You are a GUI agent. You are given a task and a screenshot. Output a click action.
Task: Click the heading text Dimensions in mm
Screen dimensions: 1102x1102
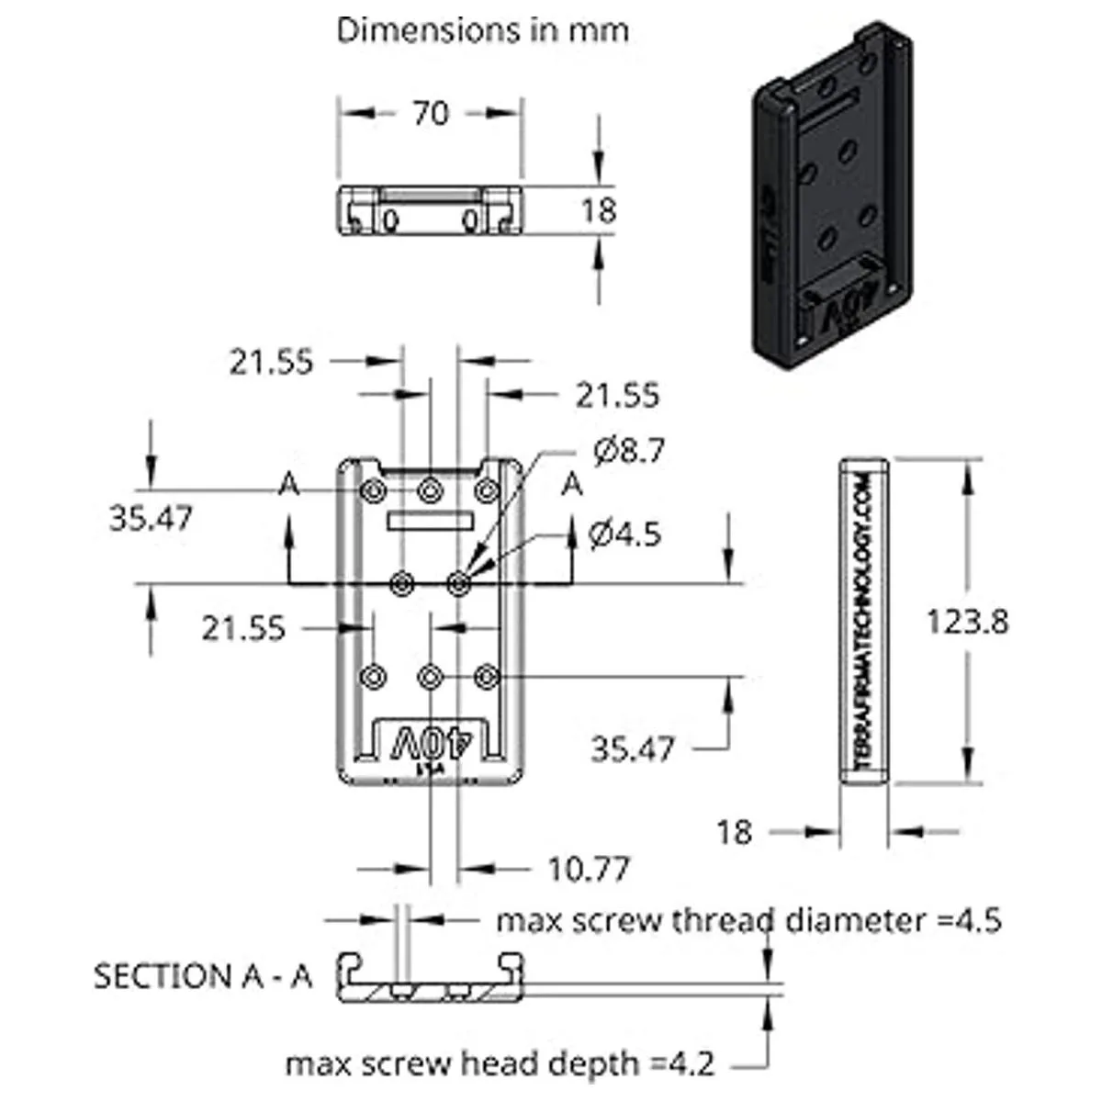[x=483, y=30]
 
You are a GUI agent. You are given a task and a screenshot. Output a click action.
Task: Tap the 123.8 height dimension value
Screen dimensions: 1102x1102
[x=966, y=622]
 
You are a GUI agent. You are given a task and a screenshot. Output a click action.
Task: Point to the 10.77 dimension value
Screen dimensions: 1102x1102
[x=589, y=868]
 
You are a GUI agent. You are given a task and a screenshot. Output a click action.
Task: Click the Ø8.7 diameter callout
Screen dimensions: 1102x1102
[x=628, y=451]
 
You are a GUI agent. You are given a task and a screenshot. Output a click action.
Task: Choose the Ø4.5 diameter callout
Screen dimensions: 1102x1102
[x=624, y=534]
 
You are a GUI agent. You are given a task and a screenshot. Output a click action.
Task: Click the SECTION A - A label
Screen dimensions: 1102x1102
[x=203, y=975]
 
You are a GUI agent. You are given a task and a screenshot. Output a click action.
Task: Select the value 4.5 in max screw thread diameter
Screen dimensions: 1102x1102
[x=979, y=919]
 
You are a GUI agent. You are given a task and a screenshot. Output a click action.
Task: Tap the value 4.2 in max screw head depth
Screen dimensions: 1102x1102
[x=692, y=1063]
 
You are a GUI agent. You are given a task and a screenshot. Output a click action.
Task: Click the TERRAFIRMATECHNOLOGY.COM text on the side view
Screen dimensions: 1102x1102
[x=864, y=622]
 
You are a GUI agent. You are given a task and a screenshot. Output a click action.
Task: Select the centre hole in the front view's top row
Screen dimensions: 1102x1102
[x=430, y=490]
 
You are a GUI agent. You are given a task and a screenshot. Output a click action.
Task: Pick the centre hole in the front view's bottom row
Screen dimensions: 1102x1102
[x=430, y=677]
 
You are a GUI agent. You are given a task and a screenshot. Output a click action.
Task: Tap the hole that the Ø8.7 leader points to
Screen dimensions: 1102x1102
[x=459, y=582]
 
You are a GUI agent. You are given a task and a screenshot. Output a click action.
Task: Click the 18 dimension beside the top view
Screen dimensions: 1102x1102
[x=599, y=210]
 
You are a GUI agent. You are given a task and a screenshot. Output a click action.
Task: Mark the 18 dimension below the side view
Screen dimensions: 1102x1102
[x=734, y=832]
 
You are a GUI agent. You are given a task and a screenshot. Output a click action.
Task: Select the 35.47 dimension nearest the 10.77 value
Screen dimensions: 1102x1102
[x=632, y=748]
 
